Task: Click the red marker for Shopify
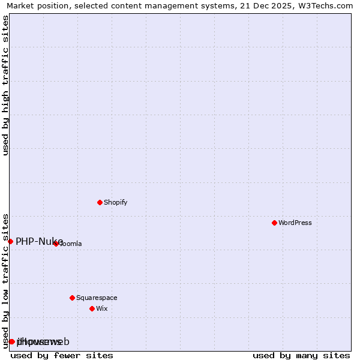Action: (x=100, y=202)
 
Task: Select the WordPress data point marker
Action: (x=274, y=223)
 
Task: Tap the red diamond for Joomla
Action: (x=56, y=244)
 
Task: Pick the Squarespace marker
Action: (x=72, y=298)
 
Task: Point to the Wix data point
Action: (x=92, y=308)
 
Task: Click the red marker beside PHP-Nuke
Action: (x=10, y=241)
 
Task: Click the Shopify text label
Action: (x=116, y=202)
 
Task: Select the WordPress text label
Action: (x=295, y=223)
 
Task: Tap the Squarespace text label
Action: (x=97, y=298)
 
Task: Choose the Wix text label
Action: (x=102, y=308)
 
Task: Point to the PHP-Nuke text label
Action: (x=39, y=241)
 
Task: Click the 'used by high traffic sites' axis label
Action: (x=6, y=85)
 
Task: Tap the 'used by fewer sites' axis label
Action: (x=62, y=355)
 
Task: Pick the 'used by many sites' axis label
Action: (x=301, y=355)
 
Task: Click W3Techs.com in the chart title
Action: (x=323, y=6)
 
